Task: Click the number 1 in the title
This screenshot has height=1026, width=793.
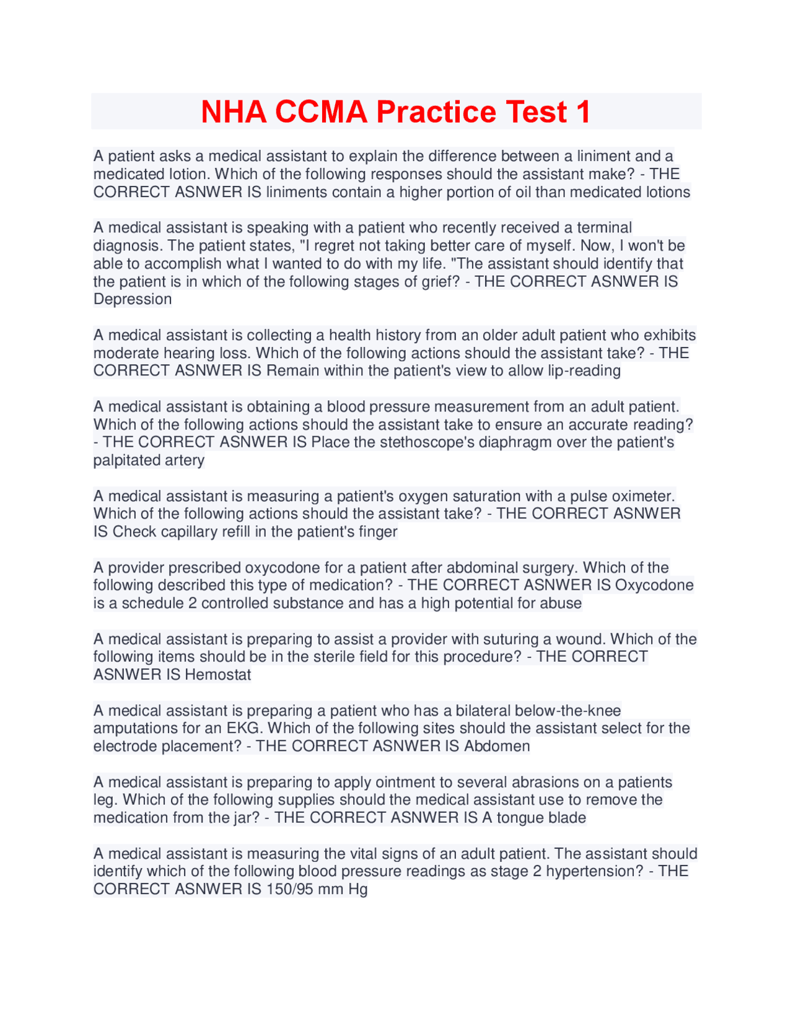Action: click(583, 112)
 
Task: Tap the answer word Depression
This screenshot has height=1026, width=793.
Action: click(133, 299)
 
